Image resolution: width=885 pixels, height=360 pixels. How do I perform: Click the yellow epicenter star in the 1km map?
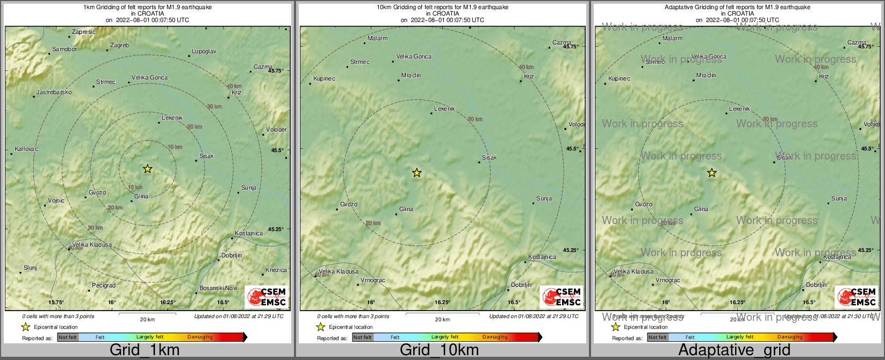point(148,169)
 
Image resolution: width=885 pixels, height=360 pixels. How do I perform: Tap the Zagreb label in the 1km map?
point(119,46)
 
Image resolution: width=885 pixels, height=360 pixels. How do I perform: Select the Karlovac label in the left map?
point(26,149)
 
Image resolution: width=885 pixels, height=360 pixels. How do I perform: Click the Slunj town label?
point(30,268)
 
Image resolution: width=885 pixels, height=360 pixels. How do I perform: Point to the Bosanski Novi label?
point(218,289)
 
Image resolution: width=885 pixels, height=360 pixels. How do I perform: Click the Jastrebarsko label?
point(54,92)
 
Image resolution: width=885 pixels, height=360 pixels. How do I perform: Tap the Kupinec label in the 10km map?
point(324,79)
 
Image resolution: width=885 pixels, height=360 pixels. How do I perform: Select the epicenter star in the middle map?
point(417,173)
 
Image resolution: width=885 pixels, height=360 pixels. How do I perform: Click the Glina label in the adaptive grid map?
point(701,210)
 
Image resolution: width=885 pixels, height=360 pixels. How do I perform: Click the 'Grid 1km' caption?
point(145,350)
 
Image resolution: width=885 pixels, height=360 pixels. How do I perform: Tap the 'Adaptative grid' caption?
point(734,350)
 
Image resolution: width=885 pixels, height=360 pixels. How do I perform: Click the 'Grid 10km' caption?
point(439,350)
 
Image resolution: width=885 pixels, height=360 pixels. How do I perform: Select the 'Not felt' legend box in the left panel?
point(68,337)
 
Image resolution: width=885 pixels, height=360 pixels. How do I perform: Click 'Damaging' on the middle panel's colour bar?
point(495,337)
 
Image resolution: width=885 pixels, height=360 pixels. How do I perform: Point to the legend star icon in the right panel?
point(616,327)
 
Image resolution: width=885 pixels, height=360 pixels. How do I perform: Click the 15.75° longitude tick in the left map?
point(56,303)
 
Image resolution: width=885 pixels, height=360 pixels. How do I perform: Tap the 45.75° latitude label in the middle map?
point(571,47)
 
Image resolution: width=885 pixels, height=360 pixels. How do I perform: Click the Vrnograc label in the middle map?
point(373,280)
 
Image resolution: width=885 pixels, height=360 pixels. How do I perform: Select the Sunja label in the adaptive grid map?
point(839,199)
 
